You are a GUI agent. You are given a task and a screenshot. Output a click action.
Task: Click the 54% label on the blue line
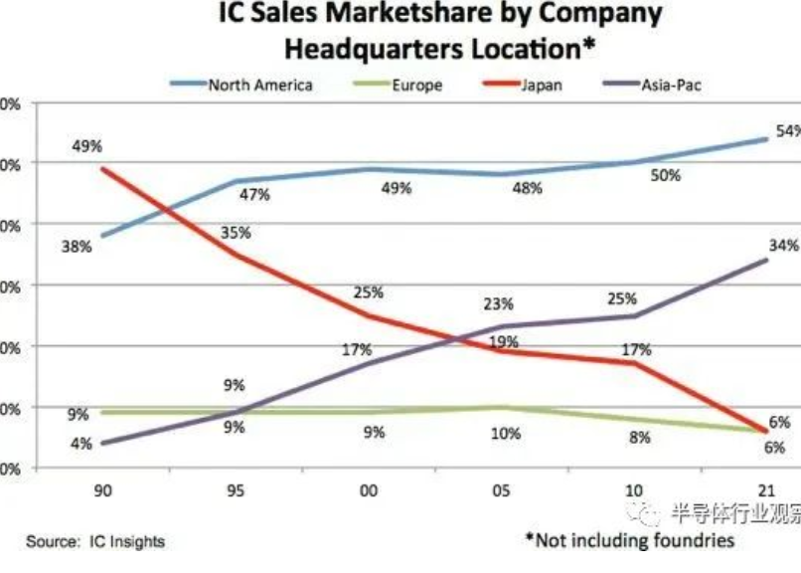click(786, 132)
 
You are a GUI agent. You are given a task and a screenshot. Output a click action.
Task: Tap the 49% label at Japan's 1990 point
click(87, 147)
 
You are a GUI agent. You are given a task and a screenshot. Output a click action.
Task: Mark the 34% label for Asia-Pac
click(782, 244)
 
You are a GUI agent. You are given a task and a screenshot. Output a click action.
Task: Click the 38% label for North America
click(76, 245)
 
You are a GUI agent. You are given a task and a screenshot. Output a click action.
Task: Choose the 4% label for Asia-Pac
click(80, 444)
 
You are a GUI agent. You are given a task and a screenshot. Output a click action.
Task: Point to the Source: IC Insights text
click(95, 541)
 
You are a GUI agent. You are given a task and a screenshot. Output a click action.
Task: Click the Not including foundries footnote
click(630, 540)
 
